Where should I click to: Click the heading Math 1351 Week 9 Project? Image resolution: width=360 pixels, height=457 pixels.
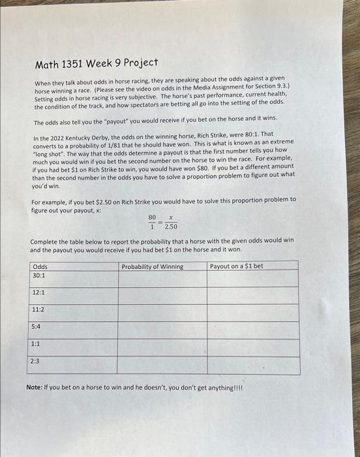[x=97, y=63]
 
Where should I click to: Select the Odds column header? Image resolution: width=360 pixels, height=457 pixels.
[x=40, y=266]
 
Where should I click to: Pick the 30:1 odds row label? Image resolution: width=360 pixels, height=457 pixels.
[x=38, y=276]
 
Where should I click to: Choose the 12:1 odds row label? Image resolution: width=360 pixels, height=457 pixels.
[x=38, y=292]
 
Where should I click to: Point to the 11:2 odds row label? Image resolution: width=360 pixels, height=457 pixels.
[x=38, y=309]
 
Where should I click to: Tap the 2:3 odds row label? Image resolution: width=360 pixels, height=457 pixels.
[x=35, y=360]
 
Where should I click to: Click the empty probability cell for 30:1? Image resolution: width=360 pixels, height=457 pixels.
[x=162, y=279]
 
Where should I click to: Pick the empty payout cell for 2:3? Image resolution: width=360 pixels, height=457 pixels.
[x=253, y=365]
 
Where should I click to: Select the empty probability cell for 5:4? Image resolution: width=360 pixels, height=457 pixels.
[x=162, y=330]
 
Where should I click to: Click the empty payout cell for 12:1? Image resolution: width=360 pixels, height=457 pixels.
[x=253, y=296]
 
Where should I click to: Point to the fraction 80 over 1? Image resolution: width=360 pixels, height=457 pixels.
[x=152, y=223]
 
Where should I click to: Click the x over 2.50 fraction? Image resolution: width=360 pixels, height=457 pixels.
[x=170, y=223]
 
